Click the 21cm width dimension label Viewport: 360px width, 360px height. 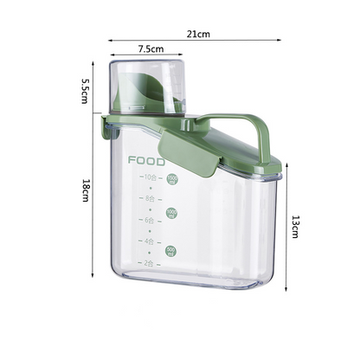[197, 34]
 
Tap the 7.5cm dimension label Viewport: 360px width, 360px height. [149, 49]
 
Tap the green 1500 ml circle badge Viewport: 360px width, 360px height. [171, 179]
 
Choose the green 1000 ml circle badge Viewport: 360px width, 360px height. [171, 213]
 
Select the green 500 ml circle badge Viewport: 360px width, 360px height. [171, 251]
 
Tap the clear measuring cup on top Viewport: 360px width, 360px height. [147, 87]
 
